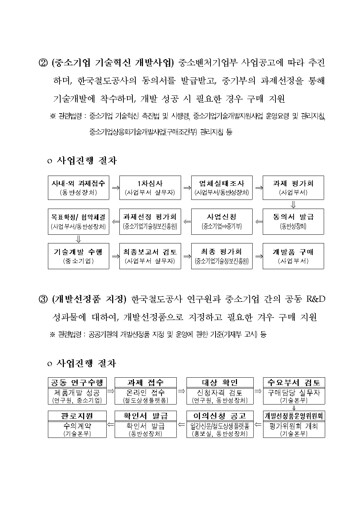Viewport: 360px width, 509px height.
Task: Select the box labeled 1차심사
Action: point(150,188)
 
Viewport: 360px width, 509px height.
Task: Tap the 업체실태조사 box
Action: point(222,188)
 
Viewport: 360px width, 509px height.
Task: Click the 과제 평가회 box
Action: point(293,188)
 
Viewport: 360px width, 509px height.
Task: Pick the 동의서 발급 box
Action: point(293,221)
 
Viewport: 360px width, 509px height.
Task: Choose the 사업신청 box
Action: point(222,221)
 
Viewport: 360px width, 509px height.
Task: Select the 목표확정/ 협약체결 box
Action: point(78,221)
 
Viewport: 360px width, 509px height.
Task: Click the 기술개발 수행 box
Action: point(78,256)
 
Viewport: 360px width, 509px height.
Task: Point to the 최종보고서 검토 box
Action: point(150,256)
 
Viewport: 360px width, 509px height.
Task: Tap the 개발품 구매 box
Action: point(293,256)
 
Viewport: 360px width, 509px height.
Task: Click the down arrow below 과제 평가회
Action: point(293,204)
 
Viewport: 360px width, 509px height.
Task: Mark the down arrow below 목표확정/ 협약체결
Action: point(78,239)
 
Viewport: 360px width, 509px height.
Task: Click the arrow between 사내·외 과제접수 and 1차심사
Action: point(114,188)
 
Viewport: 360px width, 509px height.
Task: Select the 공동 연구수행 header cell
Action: point(77,382)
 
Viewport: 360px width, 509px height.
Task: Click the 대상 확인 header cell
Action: point(220,382)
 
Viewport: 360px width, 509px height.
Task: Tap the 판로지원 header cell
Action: point(77,416)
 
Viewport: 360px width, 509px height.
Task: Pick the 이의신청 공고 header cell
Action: point(220,416)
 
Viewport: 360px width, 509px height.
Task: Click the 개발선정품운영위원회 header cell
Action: point(294,416)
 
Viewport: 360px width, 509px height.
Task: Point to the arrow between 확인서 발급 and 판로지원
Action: point(111,424)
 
